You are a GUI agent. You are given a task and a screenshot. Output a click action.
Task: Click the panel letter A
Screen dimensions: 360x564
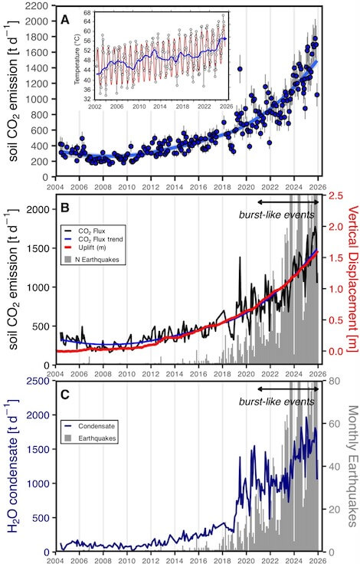pyautogui.click(x=65, y=19)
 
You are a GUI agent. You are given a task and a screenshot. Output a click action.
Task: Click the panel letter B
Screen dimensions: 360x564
pyautogui.click(x=65, y=208)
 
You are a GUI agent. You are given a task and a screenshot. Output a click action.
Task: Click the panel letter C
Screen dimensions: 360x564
pyautogui.click(x=65, y=395)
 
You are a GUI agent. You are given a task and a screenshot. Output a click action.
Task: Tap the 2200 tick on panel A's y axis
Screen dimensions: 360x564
pyautogui.click(x=38, y=6)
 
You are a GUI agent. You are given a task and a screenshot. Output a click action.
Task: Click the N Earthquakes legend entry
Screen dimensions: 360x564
pyautogui.click(x=92, y=259)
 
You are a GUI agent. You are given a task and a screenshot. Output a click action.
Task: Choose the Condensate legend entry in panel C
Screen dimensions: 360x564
pyautogui.click(x=89, y=426)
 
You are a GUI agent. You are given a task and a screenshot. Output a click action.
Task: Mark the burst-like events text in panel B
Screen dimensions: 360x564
pyautogui.click(x=277, y=215)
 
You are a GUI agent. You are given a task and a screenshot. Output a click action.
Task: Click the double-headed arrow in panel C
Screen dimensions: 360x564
pyautogui.click(x=288, y=389)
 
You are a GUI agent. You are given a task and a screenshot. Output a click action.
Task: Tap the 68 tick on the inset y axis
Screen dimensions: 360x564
pyautogui.click(x=87, y=12)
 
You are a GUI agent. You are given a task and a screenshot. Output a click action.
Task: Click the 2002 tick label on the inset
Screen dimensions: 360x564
pyautogui.click(x=94, y=107)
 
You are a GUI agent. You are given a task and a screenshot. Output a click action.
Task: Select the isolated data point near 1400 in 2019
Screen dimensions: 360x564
pyautogui.click(x=240, y=69)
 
